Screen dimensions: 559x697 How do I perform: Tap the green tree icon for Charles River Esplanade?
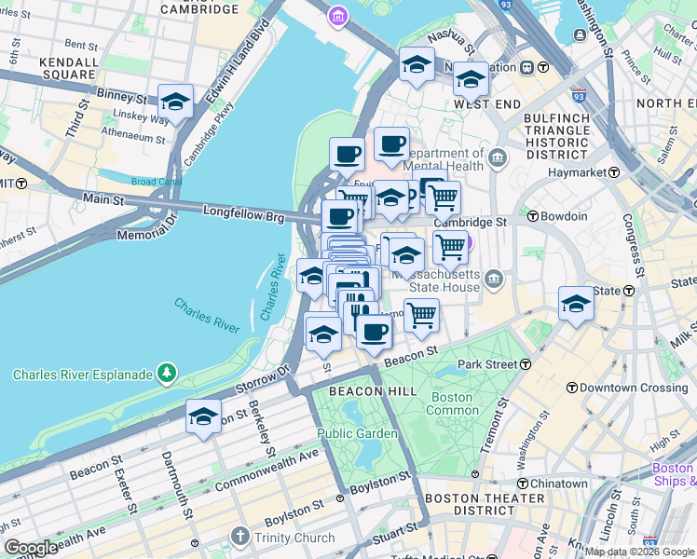pyautogui.click(x=167, y=375)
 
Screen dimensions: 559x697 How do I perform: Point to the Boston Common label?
pyautogui.click(x=451, y=403)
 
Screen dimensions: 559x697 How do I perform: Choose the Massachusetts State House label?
pyautogui.click(x=435, y=281)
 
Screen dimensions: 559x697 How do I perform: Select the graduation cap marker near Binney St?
pyautogui.click(x=175, y=102)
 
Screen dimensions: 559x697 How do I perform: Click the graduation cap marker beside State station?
pyautogui.click(x=576, y=304)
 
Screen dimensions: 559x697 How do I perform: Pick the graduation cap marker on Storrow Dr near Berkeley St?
pyautogui.click(x=202, y=416)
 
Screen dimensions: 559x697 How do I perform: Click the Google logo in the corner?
pyautogui.click(x=31, y=548)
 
